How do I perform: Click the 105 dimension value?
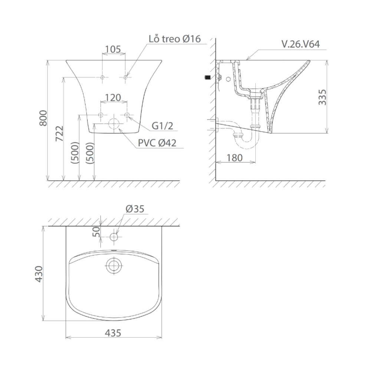(x=113, y=49)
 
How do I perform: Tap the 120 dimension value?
(x=113, y=98)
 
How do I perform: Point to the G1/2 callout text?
(x=162, y=126)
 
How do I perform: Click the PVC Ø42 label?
(x=158, y=143)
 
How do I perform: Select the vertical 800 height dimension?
(x=43, y=118)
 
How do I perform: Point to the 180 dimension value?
(x=234, y=157)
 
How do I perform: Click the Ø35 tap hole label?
(x=135, y=209)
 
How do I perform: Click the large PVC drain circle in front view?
(x=114, y=124)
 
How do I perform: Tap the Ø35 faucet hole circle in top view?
(x=114, y=236)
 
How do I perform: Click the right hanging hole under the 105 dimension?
(x=125, y=77)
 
